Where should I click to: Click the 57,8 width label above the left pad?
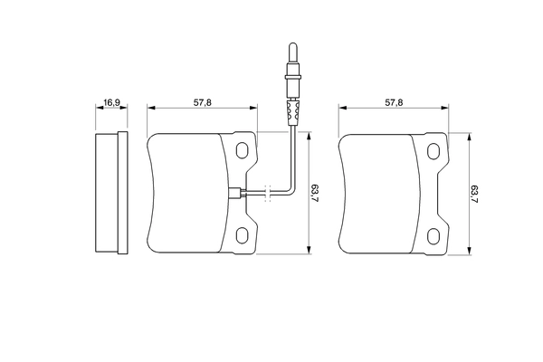click(203, 103)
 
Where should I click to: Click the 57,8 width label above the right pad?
click(394, 103)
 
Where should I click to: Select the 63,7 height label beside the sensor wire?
click(314, 193)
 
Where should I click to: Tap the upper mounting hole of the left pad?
click(243, 151)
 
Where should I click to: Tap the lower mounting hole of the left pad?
click(243, 235)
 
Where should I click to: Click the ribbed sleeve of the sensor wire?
click(291, 114)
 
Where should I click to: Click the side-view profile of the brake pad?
click(110, 193)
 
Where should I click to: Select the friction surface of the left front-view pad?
click(186, 193)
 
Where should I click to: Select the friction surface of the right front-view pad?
click(376, 193)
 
